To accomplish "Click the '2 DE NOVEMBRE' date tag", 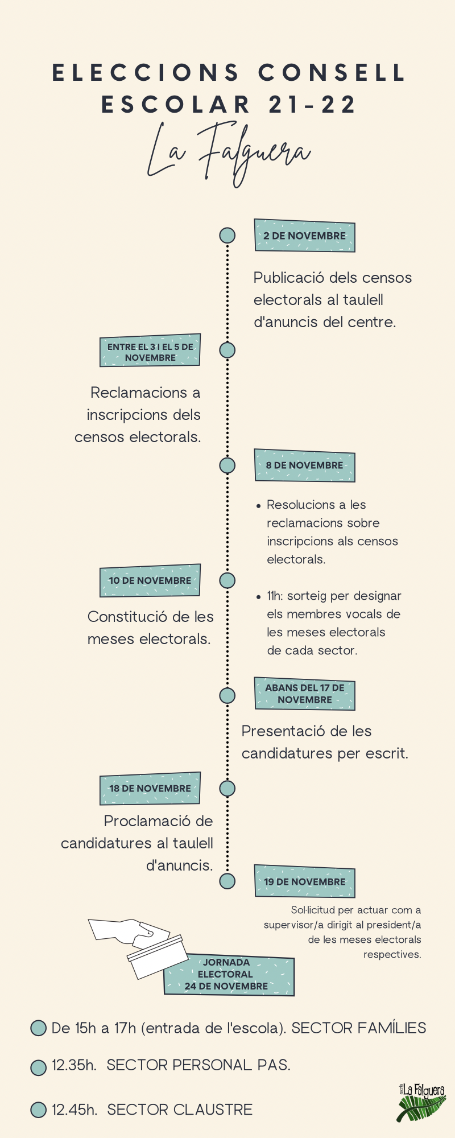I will [x=304, y=236].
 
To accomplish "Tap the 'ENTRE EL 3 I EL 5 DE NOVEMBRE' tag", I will [x=150, y=351].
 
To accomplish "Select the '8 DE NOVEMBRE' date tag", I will [x=304, y=465].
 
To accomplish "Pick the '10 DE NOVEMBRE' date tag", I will [x=150, y=580].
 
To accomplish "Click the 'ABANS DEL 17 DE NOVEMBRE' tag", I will [x=304, y=694].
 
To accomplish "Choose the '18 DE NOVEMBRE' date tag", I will [x=150, y=788].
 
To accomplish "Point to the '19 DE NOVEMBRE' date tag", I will [x=304, y=881].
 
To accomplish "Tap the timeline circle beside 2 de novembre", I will [x=227, y=235].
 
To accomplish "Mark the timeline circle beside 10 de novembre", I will [x=227, y=580].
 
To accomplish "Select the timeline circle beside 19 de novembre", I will [x=227, y=881].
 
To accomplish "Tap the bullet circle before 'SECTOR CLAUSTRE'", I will [x=38, y=1110].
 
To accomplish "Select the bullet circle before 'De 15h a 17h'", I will [x=38, y=1028].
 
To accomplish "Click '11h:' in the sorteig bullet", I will [x=275, y=596].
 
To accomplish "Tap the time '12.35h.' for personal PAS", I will [x=74, y=1065].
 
